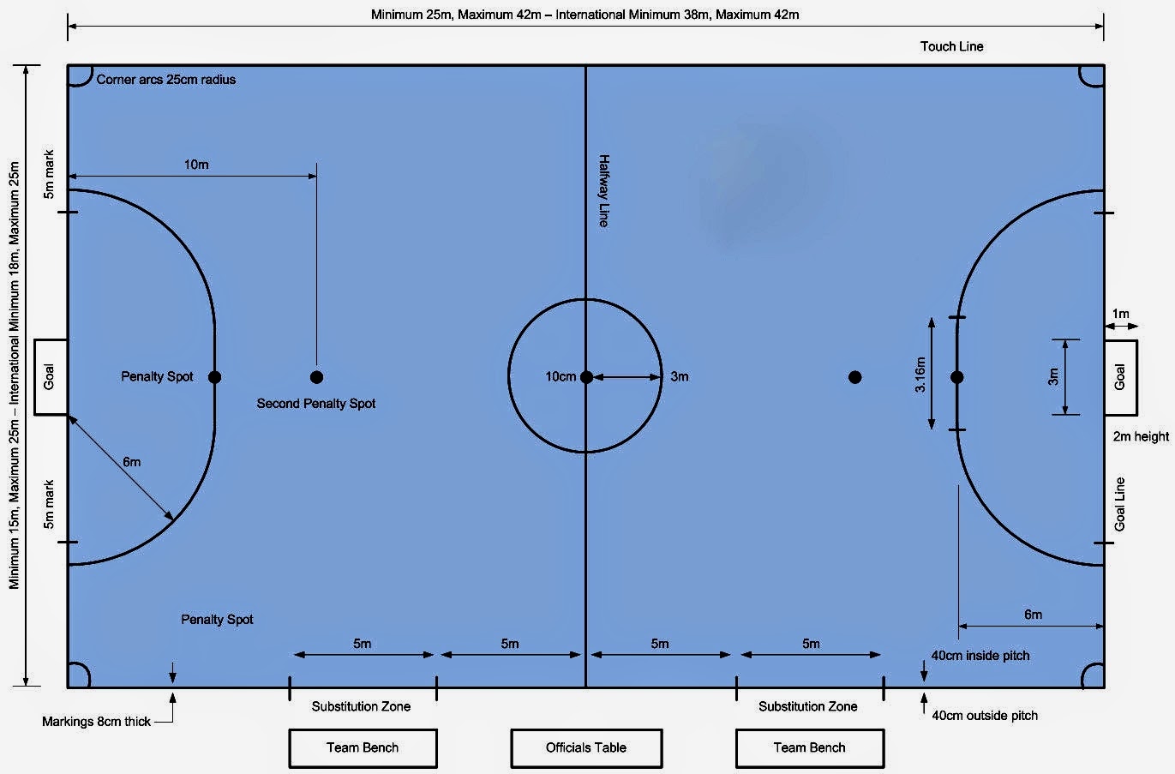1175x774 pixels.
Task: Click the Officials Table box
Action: click(586, 747)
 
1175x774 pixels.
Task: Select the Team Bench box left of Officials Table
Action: click(363, 747)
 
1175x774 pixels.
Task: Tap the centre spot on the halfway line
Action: click(586, 377)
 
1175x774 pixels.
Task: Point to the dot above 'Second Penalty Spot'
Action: click(316, 377)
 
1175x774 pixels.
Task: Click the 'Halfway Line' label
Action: click(603, 190)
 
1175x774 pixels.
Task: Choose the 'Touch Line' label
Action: click(951, 46)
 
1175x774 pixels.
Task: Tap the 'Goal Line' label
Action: click(1119, 504)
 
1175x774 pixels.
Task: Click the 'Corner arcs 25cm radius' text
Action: click(166, 80)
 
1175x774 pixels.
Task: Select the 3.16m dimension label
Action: click(920, 375)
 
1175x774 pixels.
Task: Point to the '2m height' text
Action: click(1141, 436)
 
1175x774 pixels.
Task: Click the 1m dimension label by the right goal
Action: click(1120, 314)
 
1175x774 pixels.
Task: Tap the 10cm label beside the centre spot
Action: click(561, 377)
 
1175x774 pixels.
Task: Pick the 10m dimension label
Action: click(196, 165)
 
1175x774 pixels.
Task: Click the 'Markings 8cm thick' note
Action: click(96, 722)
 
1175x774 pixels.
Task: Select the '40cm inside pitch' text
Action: click(980, 656)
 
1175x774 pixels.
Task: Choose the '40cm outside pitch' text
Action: click(985, 716)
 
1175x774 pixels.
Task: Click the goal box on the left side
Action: click(50, 377)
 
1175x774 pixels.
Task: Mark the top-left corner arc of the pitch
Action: click(78, 75)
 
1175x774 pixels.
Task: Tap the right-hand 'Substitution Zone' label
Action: click(807, 706)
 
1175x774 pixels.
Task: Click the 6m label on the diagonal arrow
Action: click(131, 462)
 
